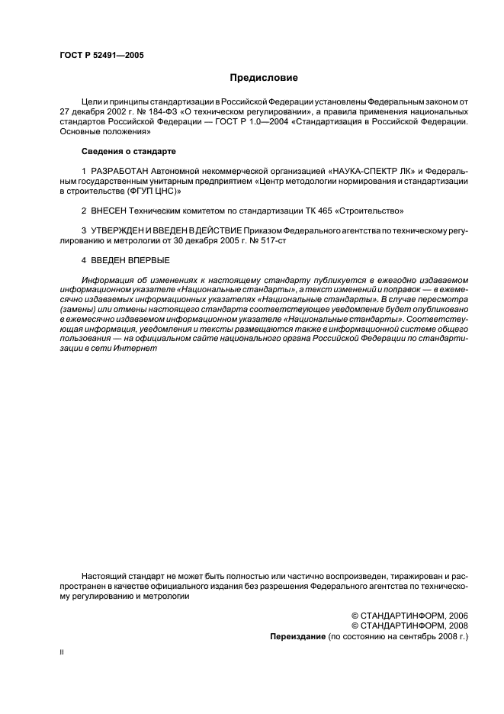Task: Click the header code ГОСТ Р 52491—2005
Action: [x=101, y=56]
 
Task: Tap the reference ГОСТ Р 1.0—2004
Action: [x=235, y=121]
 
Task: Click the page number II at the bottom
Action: [x=62, y=654]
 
